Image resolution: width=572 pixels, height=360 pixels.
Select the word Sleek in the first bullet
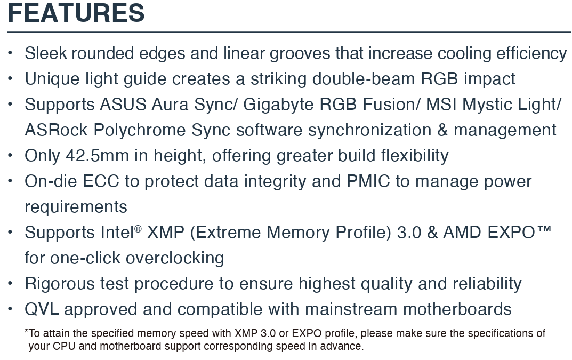point(46,53)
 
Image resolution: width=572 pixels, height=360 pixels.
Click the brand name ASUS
point(123,105)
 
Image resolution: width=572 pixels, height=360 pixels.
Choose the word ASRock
point(56,130)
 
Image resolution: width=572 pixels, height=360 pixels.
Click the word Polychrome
point(139,131)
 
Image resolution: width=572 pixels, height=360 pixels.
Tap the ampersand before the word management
point(442,130)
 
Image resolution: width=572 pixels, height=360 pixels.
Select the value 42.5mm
point(97,156)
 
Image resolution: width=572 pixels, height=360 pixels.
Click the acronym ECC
point(101,181)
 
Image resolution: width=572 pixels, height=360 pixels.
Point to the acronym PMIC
point(368,181)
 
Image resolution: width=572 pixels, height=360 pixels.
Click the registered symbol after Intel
point(138,229)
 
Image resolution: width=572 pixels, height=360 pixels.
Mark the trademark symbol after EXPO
point(544,230)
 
